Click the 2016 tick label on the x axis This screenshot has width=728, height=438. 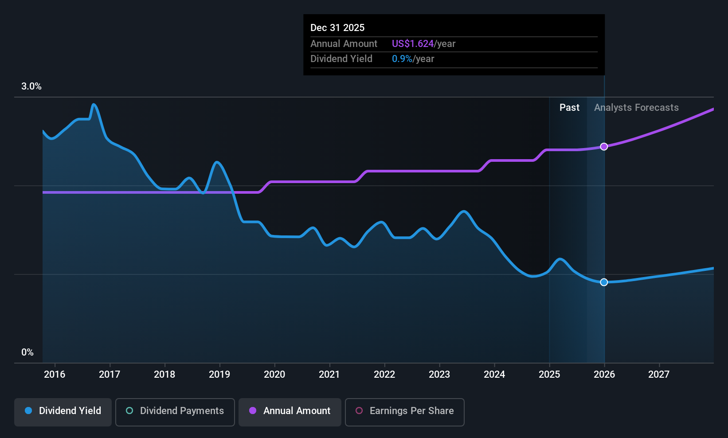[x=55, y=374]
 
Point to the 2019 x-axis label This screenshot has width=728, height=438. [x=219, y=374]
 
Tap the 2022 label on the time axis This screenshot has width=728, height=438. [x=384, y=374]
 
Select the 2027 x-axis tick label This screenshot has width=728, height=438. [x=659, y=374]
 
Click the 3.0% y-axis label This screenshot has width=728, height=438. [x=31, y=86]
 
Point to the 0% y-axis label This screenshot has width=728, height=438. [x=27, y=352]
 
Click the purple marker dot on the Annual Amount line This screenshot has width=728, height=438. [x=604, y=147]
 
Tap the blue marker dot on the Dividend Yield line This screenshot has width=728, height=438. [x=604, y=282]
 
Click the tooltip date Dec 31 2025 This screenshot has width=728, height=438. [x=337, y=28]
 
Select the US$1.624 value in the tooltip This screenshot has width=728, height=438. [x=413, y=43]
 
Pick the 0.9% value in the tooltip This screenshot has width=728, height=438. [x=402, y=59]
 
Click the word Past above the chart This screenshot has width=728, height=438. [x=569, y=108]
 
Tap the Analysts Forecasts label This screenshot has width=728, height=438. [x=636, y=108]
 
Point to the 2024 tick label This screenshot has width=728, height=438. [x=494, y=374]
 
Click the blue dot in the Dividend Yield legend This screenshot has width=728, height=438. [x=29, y=411]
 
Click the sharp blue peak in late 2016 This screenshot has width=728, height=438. [x=94, y=104]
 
